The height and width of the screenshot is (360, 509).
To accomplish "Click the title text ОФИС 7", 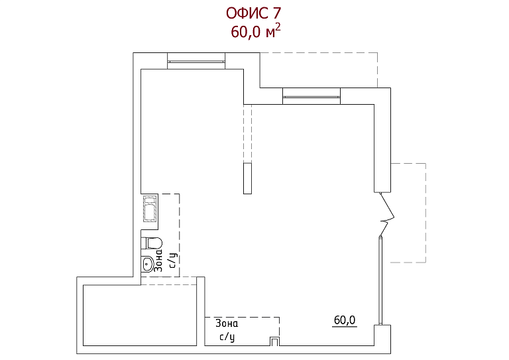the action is (x=254, y=13).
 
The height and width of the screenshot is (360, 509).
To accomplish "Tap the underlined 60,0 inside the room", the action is (x=345, y=320).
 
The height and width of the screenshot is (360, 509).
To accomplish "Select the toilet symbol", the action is (x=152, y=243).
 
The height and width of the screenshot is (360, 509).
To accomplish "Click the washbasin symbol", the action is (x=148, y=264).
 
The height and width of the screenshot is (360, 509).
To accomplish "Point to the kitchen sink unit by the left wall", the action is (x=150, y=209).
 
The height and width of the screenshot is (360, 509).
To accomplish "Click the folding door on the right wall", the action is (x=386, y=214).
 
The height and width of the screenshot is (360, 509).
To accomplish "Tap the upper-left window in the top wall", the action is (x=196, y=61).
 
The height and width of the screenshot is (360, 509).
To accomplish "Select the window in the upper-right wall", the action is (x=311, y=96).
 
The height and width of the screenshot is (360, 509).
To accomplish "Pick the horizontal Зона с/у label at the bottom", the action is (x=227, y=330).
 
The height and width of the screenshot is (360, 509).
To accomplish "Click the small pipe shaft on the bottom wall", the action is (x=274, y=341).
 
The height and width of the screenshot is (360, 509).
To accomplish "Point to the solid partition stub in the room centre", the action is (x=247, y=178).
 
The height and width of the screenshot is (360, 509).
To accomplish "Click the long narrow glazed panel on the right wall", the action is (x=380, y=281).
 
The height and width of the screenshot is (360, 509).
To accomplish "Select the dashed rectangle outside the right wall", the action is (x=408, y=213).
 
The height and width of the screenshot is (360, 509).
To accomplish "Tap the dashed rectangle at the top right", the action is (x=318, y=70).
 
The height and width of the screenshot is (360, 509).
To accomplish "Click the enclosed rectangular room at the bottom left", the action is (x=140, y=315).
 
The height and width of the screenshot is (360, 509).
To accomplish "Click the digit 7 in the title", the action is (x=276, y=13).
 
